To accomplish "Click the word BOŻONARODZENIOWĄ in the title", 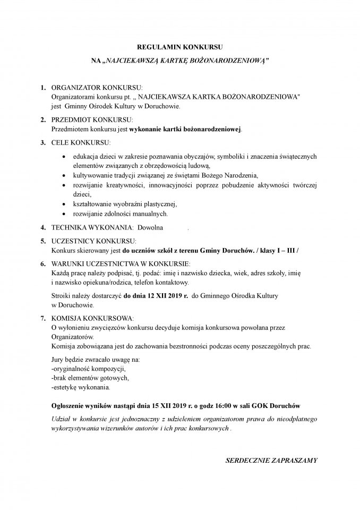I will click(x=229, y=62).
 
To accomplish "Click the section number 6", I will click(x=42, y=263).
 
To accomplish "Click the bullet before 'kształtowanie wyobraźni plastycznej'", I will click(x=64, y=205).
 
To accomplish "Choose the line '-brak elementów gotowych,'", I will click(x=89, y=378).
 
